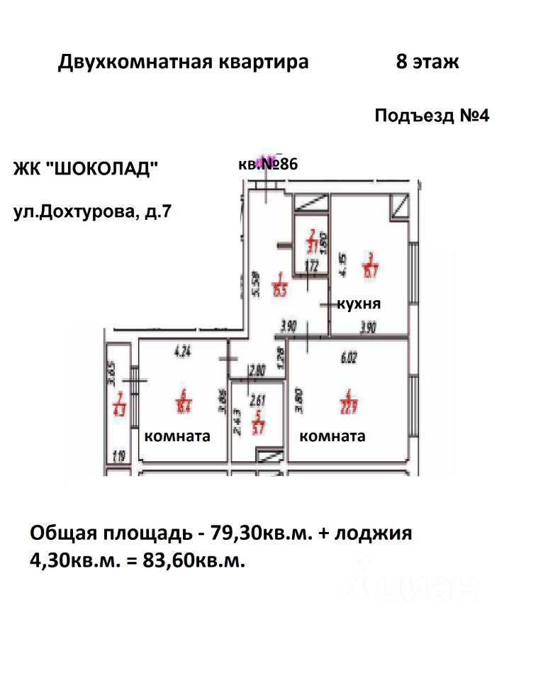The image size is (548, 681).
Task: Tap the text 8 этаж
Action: point(427,62)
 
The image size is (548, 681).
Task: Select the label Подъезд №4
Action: point(432,116)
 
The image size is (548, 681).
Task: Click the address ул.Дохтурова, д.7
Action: point(92,211)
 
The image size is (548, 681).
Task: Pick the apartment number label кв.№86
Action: point(267,165)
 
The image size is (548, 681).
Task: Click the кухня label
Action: point(359,304)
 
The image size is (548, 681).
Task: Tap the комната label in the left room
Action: point(177,436)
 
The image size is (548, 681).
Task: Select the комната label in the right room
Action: point(332,436)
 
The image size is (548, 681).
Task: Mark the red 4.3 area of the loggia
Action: point(119,408)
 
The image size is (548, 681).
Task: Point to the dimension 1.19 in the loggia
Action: point(118,457)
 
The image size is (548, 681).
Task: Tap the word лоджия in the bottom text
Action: point(375,533)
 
